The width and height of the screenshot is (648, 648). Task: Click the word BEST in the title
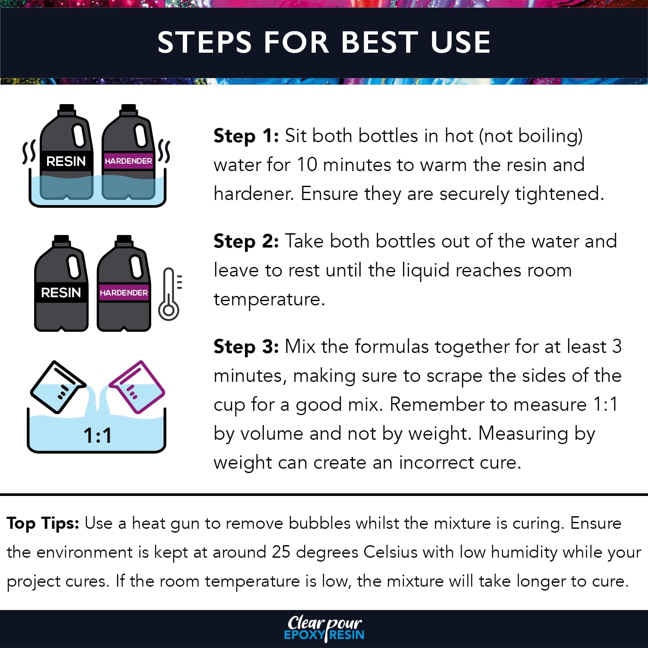(380, 42)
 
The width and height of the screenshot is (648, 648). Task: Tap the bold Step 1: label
(246, 136)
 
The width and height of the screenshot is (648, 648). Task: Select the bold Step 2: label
(246, 241)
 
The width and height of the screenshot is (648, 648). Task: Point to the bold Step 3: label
(246, 347)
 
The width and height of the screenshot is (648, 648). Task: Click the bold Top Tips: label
(43, 524)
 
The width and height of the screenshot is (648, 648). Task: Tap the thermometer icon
(170, 294)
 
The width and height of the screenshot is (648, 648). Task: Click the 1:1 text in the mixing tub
(98, 435)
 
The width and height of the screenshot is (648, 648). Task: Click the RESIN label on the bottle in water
(66, 161)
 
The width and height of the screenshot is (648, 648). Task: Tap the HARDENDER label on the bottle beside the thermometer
(124, 292)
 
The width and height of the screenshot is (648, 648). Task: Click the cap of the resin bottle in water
(67, 110)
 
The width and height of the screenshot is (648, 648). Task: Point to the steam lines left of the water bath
(29, 152)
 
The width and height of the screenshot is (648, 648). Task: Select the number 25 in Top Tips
(281, 552)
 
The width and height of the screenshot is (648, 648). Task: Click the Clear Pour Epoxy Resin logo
(324, 628)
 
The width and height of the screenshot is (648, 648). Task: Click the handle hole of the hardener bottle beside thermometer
(136, 267)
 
